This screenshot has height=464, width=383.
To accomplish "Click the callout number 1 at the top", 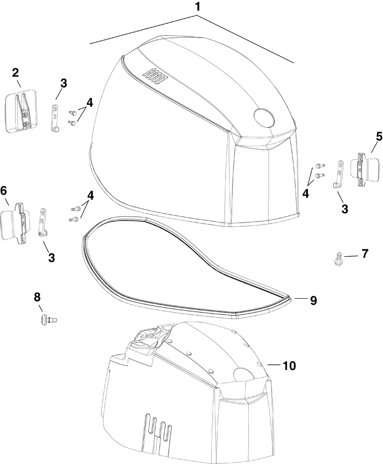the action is click(197, 7).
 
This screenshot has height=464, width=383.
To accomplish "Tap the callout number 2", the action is click(15, 73).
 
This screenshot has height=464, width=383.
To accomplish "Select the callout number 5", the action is click(379, 137).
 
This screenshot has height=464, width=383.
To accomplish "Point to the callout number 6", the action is click(3, 191).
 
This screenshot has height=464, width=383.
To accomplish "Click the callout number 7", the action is click(365, 253).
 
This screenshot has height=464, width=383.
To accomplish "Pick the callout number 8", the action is click(37, 297).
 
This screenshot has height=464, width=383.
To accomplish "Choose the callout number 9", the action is click(313, 300).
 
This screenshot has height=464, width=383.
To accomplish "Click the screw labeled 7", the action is click(338, 258).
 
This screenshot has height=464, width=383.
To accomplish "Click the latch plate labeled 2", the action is click(21, 111).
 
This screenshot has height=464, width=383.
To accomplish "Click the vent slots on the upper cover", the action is click(155, 77).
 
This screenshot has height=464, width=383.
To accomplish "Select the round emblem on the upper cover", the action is click(264, 118).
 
